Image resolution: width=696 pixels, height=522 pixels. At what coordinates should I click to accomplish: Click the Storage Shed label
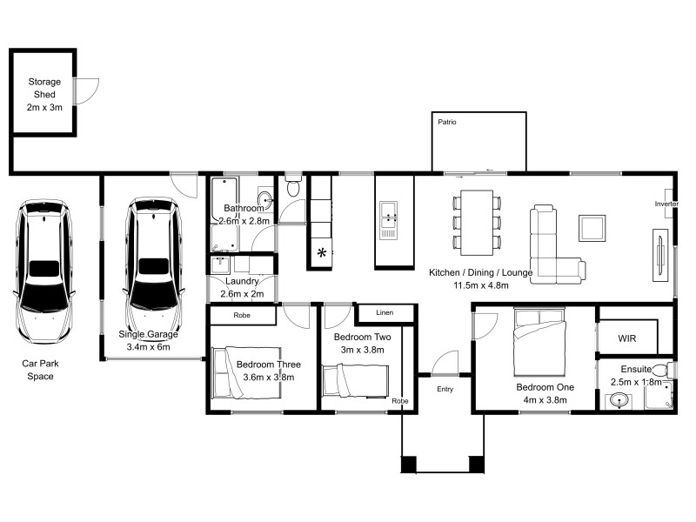(43, 94)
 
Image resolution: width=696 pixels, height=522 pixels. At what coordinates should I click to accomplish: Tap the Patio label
(447, 123)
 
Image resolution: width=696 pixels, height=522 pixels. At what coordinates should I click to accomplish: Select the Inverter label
(666, 204)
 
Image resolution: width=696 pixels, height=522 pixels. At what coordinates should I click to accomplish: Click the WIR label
(628, 338)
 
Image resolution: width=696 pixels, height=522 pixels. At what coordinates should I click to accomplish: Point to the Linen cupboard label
(384, 312)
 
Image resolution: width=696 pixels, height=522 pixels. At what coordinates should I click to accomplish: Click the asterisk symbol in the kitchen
(322, 253)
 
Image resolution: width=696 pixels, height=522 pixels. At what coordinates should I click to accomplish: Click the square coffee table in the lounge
(592, 229)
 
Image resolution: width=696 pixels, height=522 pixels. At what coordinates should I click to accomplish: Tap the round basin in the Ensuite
(619, 399)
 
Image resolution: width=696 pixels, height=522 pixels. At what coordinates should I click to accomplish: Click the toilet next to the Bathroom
(293, 188)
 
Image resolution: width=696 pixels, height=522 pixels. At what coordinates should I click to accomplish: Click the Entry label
(445, 389)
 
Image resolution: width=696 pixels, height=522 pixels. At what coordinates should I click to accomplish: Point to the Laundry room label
(241, 281)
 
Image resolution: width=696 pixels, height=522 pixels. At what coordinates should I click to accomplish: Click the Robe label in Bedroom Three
(241, 316)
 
